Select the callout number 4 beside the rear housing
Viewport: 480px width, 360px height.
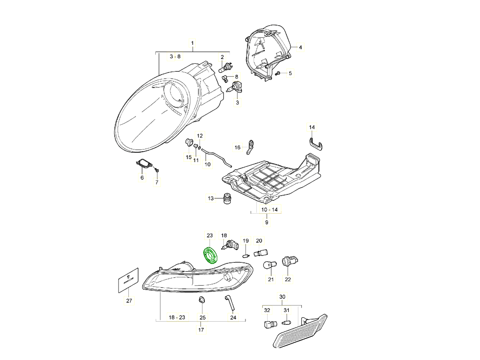300,47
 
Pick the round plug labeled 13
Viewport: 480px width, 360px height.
227,198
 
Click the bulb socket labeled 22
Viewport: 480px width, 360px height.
287,262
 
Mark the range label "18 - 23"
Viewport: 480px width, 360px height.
177,317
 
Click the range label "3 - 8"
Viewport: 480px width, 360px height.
175,57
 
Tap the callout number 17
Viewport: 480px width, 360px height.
201,330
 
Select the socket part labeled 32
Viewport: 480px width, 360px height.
268,324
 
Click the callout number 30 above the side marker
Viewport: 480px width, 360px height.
282,297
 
